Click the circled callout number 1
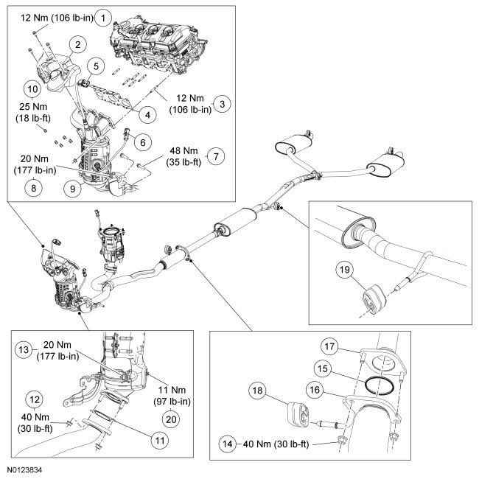(103, 18)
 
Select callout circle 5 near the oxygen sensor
(96, 66)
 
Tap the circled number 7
(216, 156)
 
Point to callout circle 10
(32, 89)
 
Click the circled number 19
(345, 270)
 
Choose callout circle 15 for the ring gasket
(323, 368)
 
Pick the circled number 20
(171, 419)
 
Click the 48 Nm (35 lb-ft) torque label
(184, 156)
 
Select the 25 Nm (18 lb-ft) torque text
(33, 113)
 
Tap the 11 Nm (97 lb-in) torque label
(172, 396)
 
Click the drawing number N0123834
(25, 470)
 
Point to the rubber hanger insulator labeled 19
(374, 299)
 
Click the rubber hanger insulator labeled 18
(298, 415)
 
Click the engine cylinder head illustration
(158, 47)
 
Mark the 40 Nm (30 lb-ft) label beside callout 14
(276, 444)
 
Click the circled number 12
(35, 399)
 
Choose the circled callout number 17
(329, 346)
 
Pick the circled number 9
(72, 189)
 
